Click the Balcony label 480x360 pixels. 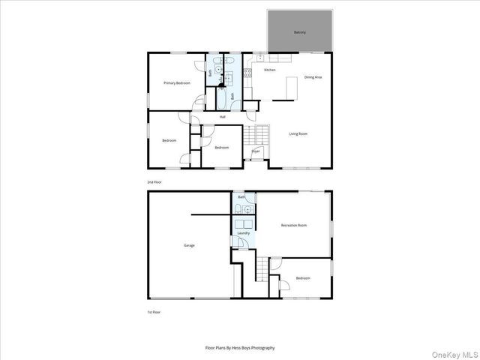(x=299, y=33)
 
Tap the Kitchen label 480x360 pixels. (x=269, y=70)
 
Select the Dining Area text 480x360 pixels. (x=313, y=77)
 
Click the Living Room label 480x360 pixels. (x=298, y=133)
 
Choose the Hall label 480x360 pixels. (x=223, y=117)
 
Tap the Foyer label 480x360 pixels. (x=256, y=151)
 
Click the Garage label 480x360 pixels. (x=190, y=245)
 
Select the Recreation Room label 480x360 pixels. (x=294, y=225)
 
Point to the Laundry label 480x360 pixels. (x=243, y=233)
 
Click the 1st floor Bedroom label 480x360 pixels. (x=303, y=277)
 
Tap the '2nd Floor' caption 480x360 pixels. (x=154, y=182)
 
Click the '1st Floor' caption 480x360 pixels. (x=154, y=311)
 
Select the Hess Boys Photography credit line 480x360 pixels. (x=240, y=348)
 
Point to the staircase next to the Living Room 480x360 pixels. (x=261, y=136)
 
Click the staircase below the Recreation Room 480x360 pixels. (x=262, y=268)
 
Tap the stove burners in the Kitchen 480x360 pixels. (x=248, y=73)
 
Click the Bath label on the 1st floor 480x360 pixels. (x=241, y=197)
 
